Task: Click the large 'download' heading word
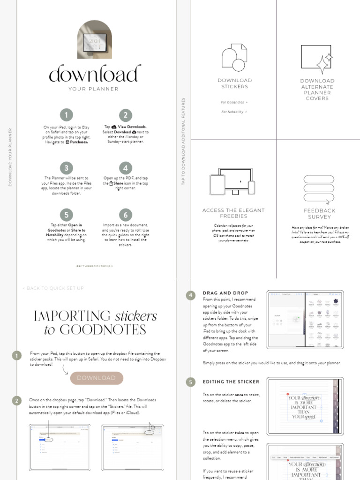click(95, 74)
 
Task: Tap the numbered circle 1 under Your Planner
click(66, 115)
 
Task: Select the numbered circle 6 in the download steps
click(125, 215)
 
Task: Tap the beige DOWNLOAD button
click(97, 378)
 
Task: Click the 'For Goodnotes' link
click(234, 102)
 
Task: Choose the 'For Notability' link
click(234, 112)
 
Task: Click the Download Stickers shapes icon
click(234, 58)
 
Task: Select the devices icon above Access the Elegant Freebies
click(232, 182)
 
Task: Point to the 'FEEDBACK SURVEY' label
click(319, 214)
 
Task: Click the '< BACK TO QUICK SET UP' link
click(53, 288)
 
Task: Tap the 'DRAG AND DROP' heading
click(225, 293)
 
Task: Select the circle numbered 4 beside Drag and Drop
click(190, 295)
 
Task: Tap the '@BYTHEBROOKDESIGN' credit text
click(94, 266)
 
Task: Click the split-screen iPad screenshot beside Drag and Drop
click(305, 319)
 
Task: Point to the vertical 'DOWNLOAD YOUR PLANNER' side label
click(10, 157)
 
